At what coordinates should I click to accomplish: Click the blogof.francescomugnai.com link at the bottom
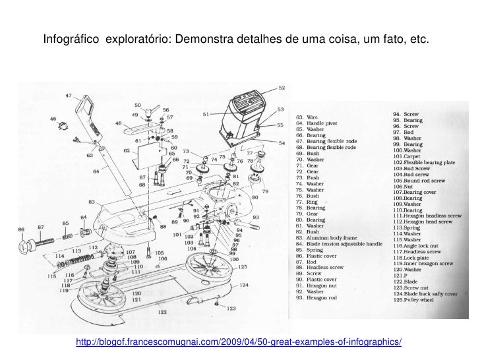tap(239, 344)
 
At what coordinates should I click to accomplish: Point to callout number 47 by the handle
tap(69, 96)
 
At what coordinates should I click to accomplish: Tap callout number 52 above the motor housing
tap(282, 88)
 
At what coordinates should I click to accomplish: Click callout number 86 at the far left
tap(22, 229)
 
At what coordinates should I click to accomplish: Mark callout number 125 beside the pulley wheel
tap(243, 267)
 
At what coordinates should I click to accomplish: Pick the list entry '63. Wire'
tap(307, 117)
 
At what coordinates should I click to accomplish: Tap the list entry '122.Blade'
tap(407, 282)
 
